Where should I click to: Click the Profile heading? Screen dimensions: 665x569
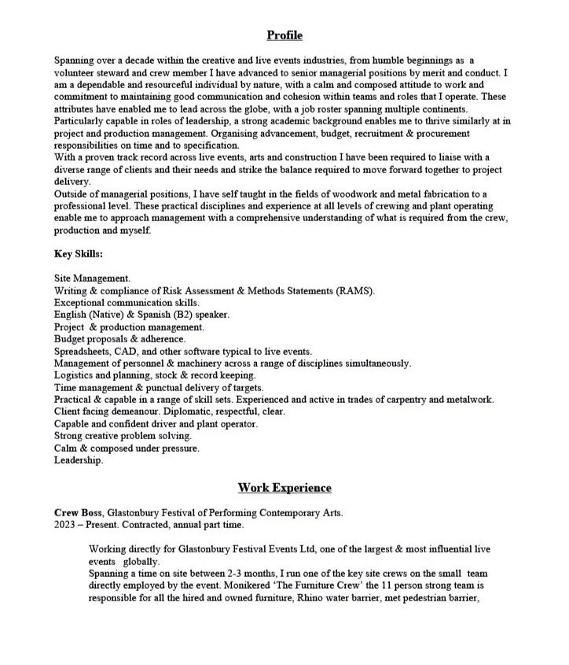click(284, 35)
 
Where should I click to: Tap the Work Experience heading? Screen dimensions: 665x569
click(284, 488)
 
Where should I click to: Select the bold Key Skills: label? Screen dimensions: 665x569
click(79, 254)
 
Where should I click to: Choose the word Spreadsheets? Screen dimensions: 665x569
click(82, 351)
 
